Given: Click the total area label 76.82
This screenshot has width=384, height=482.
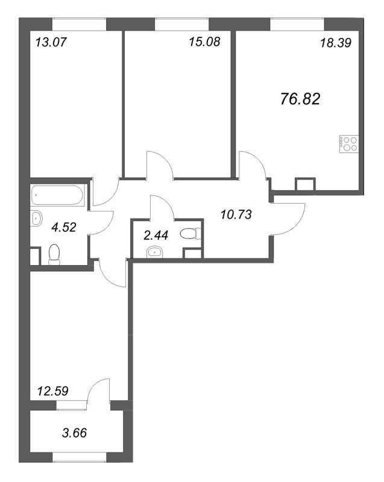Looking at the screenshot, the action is coord(300,99).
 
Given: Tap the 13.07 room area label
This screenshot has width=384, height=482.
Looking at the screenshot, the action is coord(51,42).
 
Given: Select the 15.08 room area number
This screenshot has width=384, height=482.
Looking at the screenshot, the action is coord(204,42).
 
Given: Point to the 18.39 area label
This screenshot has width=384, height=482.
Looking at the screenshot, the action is coord(336,43).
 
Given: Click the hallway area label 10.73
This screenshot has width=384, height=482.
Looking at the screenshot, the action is coord(236,214).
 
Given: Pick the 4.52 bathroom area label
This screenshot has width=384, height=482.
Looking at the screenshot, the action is coord(64,228).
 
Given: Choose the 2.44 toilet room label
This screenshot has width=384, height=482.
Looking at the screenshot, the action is coord(156,236).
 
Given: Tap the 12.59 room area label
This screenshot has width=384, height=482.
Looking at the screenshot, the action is coord(52,391).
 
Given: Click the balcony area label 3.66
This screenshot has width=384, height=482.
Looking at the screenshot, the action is coord(74,433).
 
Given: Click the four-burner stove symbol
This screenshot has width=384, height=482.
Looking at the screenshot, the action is coord(349,144).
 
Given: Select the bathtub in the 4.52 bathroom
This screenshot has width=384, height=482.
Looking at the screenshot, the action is coord(57,195).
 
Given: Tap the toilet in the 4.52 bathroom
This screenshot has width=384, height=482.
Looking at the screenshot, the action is coord(54,254).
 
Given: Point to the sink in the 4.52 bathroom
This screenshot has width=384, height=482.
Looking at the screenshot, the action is coord(36,218).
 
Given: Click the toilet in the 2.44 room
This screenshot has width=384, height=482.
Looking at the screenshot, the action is coord(190,234).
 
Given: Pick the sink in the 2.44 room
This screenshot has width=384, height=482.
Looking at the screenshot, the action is coord(156,252).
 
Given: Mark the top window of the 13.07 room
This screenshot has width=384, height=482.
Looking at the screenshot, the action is coord(80,24).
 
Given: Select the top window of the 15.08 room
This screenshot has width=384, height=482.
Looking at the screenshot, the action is coord(181,24).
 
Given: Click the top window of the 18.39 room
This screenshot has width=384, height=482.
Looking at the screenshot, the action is coord(297,24).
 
